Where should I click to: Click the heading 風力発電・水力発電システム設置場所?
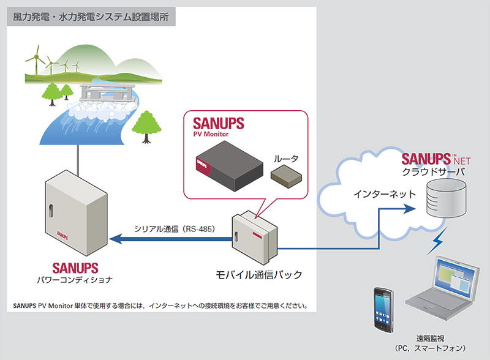pos(91,16)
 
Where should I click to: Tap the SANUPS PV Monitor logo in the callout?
pos(218,126)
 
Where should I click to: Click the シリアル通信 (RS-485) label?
pos(173,229)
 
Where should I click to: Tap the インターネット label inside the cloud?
pos(385,195)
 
